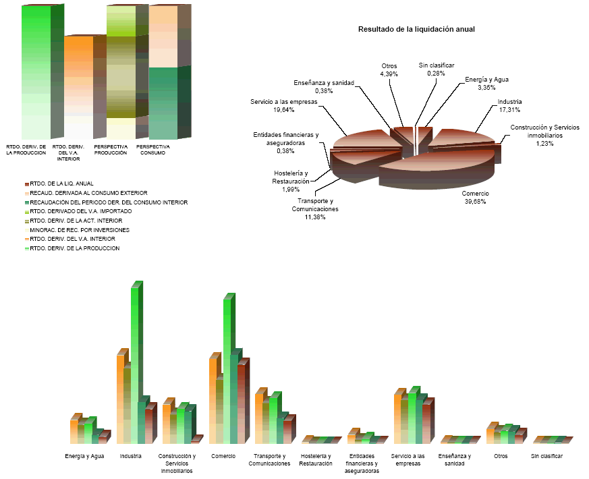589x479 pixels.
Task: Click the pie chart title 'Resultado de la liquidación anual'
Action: coord(416,30)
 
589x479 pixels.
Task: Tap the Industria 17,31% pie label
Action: coord(509,106)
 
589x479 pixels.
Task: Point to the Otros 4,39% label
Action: coord(389,69)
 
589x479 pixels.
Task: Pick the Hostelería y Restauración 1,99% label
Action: coord(291,181)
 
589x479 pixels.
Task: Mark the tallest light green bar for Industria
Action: coord(135,364)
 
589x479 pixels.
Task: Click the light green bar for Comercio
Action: coord(228,371)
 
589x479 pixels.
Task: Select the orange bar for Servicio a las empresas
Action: coord(399,418)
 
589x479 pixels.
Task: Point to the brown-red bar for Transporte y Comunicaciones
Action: coord(287,432)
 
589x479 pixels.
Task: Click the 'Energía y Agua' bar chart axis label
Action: coord(84,456)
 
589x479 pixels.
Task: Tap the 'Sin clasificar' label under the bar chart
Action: coord(546,456)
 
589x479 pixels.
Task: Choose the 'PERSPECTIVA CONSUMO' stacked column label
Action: coord(152,149)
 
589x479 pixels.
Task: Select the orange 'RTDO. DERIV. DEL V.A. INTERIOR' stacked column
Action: coord(78,88)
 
